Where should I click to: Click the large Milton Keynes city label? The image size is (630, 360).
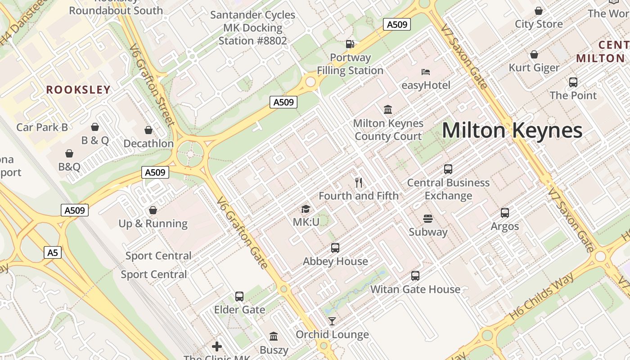(x=512, y=130)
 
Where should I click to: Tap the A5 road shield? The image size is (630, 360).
(x=53, y=252)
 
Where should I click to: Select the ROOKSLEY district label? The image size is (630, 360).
(x=78, y=90)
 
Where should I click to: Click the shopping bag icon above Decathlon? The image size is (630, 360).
(x=148, y=130)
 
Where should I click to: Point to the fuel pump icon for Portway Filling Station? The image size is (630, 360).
(x=350, y=44)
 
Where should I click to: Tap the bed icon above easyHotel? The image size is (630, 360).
(x=426, y=72)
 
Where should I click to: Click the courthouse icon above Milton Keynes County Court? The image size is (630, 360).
(x=388, y=109)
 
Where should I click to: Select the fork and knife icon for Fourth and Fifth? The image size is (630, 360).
(x=359, y=182)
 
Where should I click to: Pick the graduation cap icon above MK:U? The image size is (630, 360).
(x=306, y=209)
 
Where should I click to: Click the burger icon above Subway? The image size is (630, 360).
(x=428, y=219)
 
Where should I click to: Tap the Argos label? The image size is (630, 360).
(x=505, y=226)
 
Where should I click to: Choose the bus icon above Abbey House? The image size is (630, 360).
(x=335, y=248)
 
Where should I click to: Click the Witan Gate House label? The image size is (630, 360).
(x=415, y=289)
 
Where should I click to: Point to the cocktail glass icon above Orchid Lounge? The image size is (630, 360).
(x=332, y=321)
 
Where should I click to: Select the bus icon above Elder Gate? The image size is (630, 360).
(x=239, y=297)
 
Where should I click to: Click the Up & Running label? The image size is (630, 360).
(x=153, y=224)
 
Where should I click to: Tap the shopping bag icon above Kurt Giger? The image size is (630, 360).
(x=534, y=55)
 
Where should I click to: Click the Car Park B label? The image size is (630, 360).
(x=42, y=127)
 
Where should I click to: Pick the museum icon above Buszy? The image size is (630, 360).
(x=274, y=337)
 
